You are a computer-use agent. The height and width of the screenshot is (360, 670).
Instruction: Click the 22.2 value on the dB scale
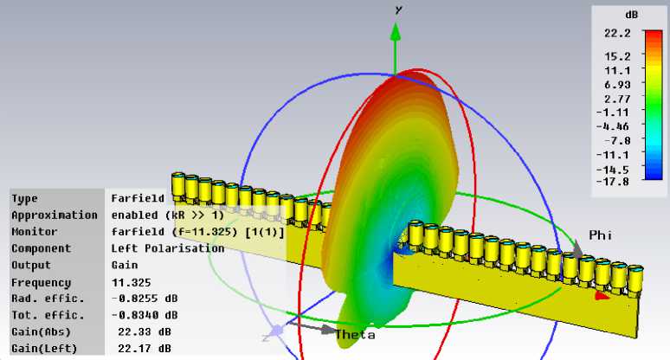(x=617, y=33)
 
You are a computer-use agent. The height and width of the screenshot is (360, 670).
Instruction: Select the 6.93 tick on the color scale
(x=617, y=85)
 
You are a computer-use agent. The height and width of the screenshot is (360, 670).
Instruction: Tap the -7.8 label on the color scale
(x=617, y=140)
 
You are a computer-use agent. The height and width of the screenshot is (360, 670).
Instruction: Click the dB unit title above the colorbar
(x=632, y=15)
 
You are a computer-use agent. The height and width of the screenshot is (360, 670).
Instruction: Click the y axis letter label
(x=399, y=10)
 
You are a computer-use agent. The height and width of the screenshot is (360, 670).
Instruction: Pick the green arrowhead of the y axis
(x=396, y=33)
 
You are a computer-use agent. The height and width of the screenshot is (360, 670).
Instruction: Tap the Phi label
(x=601, y=235)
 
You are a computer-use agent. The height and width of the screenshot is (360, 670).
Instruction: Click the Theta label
(x=355, y=334)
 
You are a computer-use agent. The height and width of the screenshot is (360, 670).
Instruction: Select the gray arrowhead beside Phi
(x=577, y=248)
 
